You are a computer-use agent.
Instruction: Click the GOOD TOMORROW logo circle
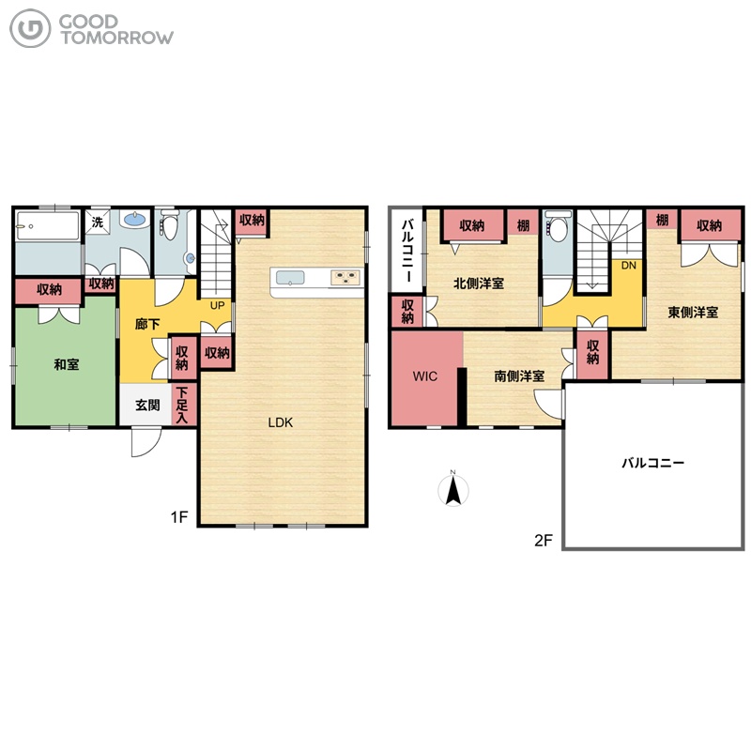[30, 29]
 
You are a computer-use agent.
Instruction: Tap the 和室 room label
[66, 364]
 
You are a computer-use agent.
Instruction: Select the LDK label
[280, 422]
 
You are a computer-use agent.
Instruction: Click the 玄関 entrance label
[147, 406]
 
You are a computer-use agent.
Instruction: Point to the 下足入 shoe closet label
[181, 406]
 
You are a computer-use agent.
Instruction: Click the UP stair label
[218, 305]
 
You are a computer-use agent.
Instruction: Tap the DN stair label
[628, 265]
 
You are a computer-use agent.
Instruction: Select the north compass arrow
[453, 490]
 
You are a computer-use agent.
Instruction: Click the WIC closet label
[425, 376]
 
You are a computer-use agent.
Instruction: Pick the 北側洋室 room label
[479, 284]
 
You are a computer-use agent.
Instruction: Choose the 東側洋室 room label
[693, 313]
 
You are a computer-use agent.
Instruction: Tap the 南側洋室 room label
[519, 376]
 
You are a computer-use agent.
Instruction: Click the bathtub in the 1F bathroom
[48, 225]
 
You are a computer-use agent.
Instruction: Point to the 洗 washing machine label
[98, 222]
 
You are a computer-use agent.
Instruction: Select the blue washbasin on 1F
[134, 220]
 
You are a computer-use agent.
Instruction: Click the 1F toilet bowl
[170, 225]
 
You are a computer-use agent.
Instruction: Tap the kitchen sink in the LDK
[290, 278]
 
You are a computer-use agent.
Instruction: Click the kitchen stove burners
[346, 278]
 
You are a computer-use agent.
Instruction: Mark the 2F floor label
[544, 541]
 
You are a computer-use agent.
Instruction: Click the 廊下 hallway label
[147, 324]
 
